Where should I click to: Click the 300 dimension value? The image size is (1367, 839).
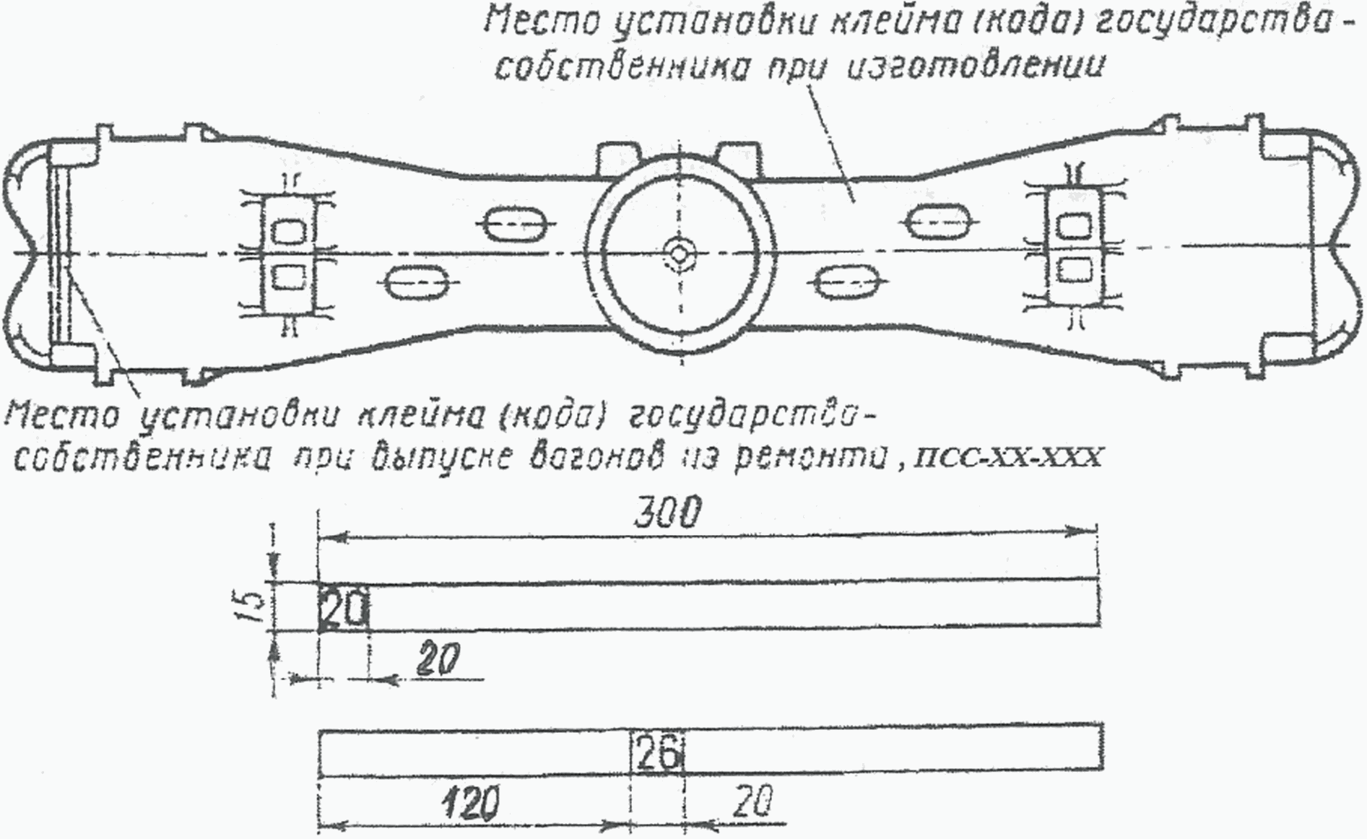[x=668, y=514]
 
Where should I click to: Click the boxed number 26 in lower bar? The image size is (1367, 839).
[x=657, y=755]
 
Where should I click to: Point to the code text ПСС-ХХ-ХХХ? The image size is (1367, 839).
[x=1007, y=458]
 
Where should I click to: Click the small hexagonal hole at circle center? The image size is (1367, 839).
[x=679, y=251]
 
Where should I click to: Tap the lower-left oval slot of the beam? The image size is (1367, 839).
[x=418, y=282]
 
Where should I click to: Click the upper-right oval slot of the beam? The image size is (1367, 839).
[x=937, y=221]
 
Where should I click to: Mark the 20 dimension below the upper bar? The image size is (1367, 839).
[x=438, y=659]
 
